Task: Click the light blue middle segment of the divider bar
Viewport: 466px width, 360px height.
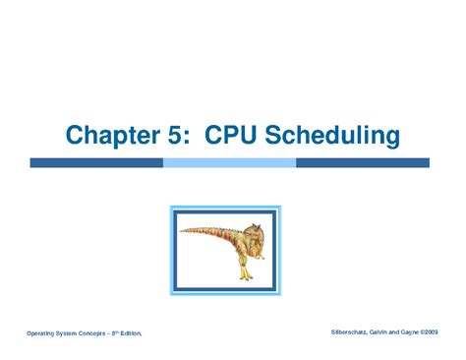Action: tap(228, 162)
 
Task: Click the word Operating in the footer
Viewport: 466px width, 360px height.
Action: tap(44, 334)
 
